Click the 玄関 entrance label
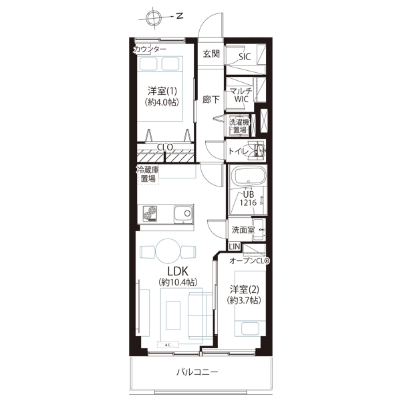[x=211, y=54]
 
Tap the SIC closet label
[x=245, y=57]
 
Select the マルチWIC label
[x=241, y=95]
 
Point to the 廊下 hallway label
[x=211, y=100]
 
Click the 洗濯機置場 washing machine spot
[x=239, y=126]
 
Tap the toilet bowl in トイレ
[x=259, y=150]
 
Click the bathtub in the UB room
[x=249, y=176]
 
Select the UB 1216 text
[x=248, y=198]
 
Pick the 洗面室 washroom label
[x=243, y=230]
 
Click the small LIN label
[x=235, y=247]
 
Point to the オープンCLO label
[x=249, y=261]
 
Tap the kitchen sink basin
[x=184, y=214]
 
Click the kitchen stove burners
[x=149, y=213]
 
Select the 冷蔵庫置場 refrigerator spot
[x=148, y=174]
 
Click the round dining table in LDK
[x=168, y=251]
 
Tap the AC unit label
[x=168, y=345]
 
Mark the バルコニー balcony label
[x=197, y=372]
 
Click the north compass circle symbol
[x=153, y=19]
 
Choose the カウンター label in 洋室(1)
[x=150, y=49]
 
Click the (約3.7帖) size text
[x=244, y=300]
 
